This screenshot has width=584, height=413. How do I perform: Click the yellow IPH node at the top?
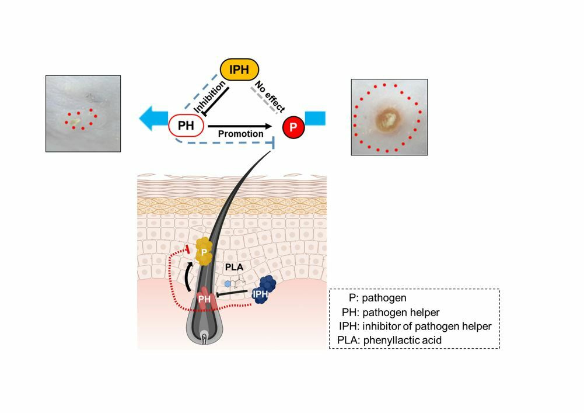(x=239, y=70)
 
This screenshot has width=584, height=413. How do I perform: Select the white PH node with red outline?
(x=186, y=125)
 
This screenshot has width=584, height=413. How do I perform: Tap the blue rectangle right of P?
(x=315, y=118)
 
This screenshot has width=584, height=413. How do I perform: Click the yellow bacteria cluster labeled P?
(x=204, y=252)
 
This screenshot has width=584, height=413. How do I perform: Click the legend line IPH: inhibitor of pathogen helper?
(x=415, y=326)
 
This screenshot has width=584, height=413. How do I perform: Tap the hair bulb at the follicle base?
(x=204, y=337)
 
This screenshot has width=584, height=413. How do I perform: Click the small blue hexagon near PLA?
(x=228, y=283)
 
